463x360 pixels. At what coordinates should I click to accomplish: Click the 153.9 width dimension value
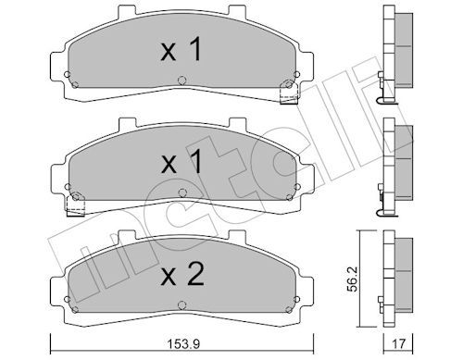(x=183, y=343)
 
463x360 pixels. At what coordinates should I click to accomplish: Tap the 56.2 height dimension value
(x=352, y=279)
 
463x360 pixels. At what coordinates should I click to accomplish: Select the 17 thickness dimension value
(x=398, y=343)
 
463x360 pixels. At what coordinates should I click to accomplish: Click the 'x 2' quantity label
(x=182, y=274)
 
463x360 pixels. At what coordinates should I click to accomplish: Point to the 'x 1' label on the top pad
(x=181, y=49)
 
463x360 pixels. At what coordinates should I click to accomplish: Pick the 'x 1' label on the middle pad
(x=181, y=161)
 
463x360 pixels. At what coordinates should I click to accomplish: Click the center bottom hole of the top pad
(x=181, y=81)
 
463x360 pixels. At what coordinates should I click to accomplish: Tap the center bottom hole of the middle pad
(x=182, y=192)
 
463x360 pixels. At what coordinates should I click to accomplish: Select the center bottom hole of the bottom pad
(x=181, y=305)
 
